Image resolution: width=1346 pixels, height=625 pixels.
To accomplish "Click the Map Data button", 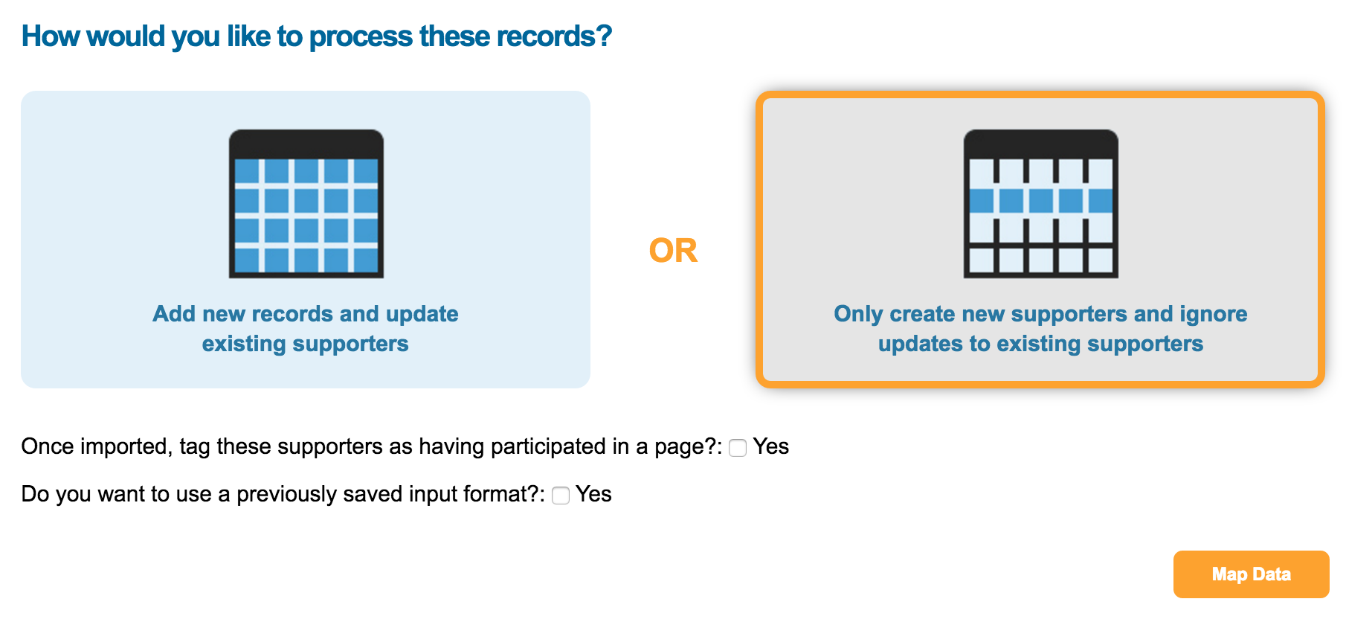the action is (x=1251, y=574).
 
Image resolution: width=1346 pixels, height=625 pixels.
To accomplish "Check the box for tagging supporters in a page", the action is (x=738, y=448).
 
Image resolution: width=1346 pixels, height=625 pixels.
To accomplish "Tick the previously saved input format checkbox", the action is (x=561, y=496).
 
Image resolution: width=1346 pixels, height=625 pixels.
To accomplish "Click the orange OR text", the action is (x=673, y=251).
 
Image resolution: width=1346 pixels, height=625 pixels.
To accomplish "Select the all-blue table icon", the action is (x=306, y=204).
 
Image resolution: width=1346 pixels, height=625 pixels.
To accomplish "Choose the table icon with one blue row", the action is (x=1040, y=204).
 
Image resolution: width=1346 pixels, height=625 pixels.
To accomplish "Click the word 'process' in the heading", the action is (x=361, y=36).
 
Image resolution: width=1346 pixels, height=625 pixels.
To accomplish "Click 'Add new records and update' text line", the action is (x=306, y=314).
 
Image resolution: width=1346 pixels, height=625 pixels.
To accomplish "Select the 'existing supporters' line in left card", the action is (x=306, y=344).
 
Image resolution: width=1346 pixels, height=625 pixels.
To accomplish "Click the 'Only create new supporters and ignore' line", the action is (x=1040, y=314).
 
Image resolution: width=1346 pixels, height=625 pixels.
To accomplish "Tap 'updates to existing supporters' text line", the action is (x=1040, y=344).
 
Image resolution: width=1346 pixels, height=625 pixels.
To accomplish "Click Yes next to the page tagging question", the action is (x=770, y=446).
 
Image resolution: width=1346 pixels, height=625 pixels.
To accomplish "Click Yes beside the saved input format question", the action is (x=593, y=494).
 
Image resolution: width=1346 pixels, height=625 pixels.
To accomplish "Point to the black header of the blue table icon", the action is (x=306, y=144).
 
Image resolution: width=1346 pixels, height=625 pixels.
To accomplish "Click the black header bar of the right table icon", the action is (x=1040, y=144).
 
